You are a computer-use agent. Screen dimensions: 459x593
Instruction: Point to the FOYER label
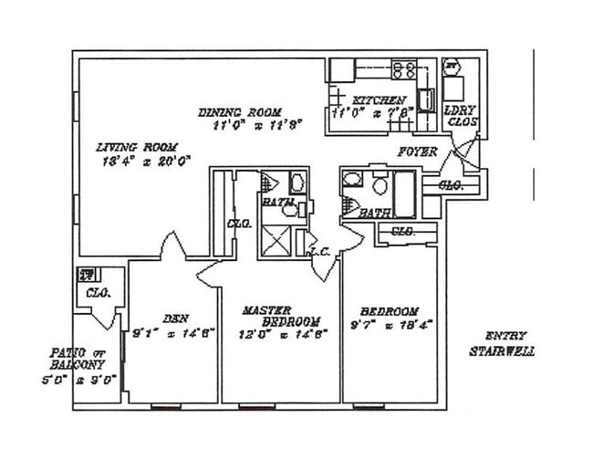pos(417,151)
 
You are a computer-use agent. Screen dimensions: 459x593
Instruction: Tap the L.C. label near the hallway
pos(319,252)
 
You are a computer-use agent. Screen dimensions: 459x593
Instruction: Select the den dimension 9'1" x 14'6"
pos(173,332)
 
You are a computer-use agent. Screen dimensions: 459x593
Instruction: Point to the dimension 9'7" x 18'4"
pos(389,324)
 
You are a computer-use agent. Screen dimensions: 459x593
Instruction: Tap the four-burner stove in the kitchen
pos(404,68)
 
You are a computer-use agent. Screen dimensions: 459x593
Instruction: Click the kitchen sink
pos(425,100)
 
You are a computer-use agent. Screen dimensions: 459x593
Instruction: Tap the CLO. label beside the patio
pos(97,294)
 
